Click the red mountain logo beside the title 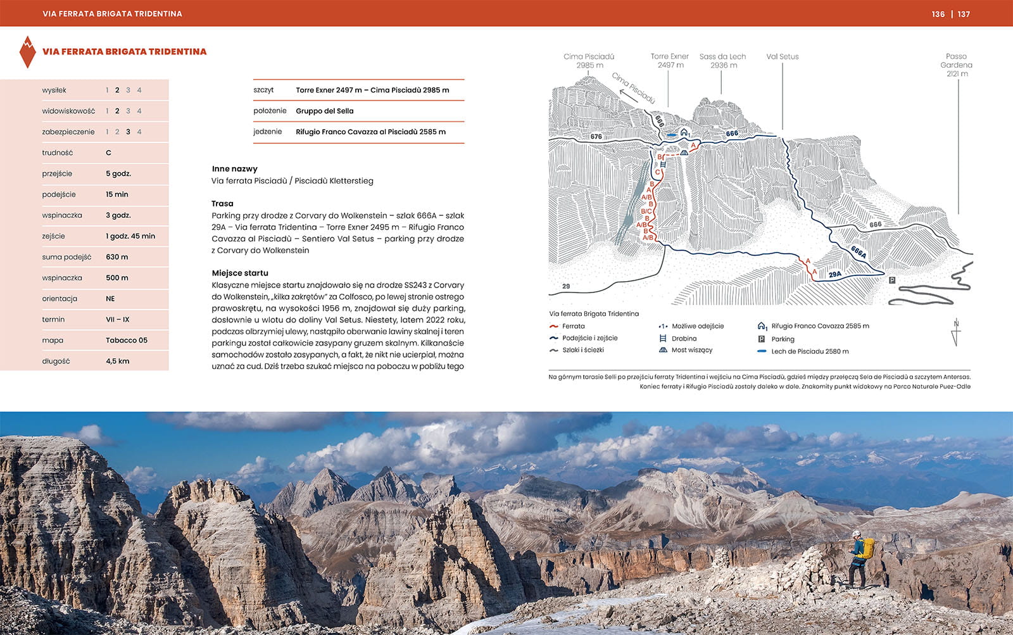(27, 52)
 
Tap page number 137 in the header (964, 14)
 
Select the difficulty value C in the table (108, 153)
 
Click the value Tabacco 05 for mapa (126, 340)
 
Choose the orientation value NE (110, 298)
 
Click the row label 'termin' (53, 319)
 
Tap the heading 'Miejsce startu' (240, 273)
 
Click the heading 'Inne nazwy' (234, 168)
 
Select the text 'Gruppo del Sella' (324, 111)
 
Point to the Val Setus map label (782, 56)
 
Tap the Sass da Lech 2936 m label (722, 61)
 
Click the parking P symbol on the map (892, 280)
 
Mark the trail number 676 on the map (596, 136)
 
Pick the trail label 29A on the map (834, 274)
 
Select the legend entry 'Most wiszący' (691, 350)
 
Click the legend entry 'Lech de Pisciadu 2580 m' (809, 351)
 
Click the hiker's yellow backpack (866, 548)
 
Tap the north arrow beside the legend (956, 332)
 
